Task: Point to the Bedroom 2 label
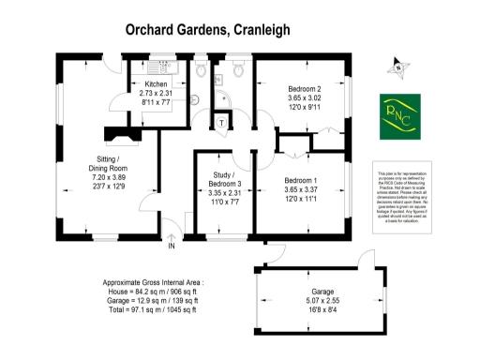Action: click(x=304, y=86)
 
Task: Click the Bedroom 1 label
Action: click(x=302, y=180)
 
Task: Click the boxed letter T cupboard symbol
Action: click(x=221, y=123)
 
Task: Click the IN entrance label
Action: click(x=172, y=247)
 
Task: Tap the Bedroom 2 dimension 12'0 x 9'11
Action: click(x=304, y=106)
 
